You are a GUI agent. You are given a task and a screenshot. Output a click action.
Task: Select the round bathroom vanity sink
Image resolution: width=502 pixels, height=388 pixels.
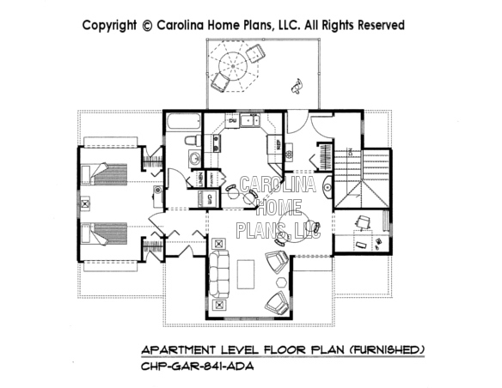coord(194,159)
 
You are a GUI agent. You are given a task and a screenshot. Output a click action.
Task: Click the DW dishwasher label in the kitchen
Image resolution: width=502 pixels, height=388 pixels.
coord(232,120)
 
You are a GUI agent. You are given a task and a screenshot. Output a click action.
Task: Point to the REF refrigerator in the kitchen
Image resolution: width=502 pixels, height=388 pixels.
coord(279,146)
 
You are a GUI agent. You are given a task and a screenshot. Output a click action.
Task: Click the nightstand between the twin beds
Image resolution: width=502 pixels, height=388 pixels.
coord(84,204)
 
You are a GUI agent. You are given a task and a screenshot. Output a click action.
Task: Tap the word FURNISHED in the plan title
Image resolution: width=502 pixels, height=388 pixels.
coord(386,350)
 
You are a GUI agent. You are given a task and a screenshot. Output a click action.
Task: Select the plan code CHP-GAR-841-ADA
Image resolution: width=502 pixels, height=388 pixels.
coord(196,367)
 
